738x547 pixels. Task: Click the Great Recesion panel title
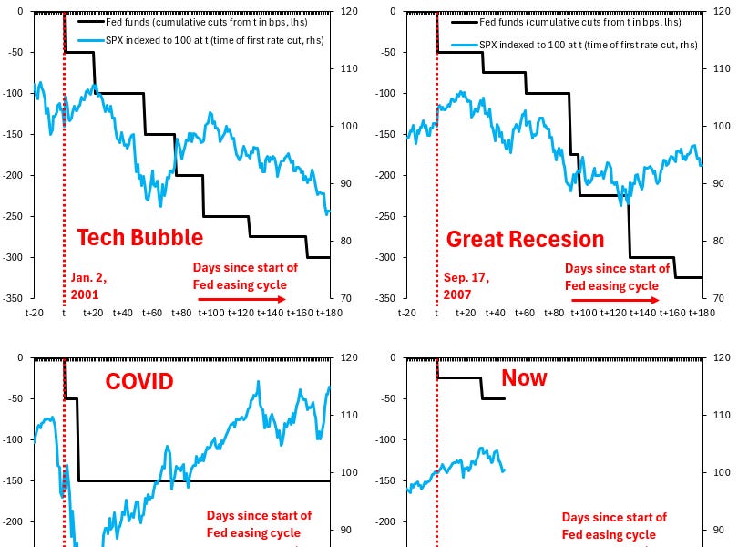pos(525,239)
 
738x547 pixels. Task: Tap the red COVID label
pos(138,381)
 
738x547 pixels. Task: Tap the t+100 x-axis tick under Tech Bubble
pos(211,314)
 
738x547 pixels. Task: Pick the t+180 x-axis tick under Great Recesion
pos(702,314)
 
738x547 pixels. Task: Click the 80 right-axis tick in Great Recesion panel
pos(715,242)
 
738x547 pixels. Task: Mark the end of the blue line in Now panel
pos(504,470)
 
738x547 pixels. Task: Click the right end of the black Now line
pos(504,398)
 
